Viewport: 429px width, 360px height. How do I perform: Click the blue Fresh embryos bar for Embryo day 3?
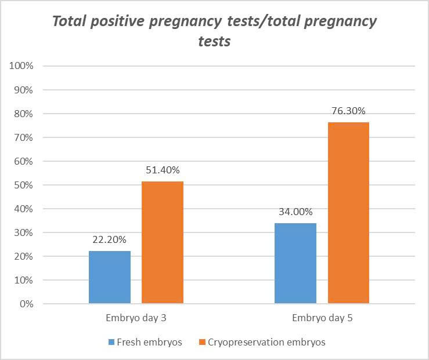110,277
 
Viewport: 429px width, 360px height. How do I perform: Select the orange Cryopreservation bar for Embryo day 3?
163,242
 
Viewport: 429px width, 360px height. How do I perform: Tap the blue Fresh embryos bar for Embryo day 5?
295,263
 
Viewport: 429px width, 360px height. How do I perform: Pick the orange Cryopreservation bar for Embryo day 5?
348,213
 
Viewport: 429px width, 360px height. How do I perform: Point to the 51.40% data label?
163,170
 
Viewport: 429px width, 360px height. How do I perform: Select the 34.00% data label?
295,212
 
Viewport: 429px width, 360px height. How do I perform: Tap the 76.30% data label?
348,111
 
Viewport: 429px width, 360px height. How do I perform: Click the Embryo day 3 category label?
136,318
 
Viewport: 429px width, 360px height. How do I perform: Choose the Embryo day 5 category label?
322,318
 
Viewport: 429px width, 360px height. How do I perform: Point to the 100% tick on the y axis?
23,66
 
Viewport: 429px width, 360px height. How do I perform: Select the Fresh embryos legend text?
149,343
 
